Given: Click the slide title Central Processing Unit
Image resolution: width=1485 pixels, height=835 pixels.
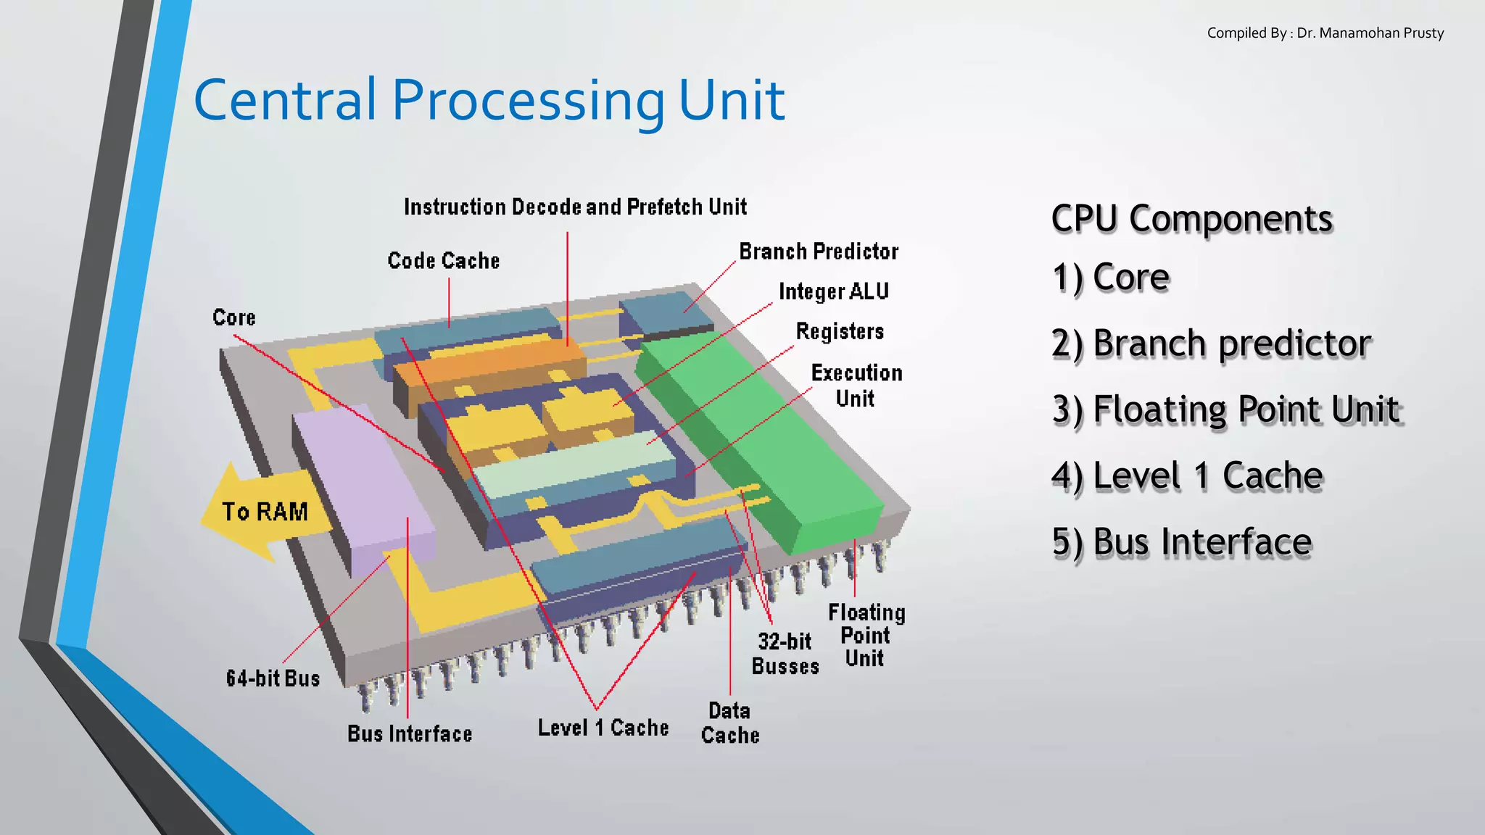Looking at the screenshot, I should pyautogui.click(x=489, y=100).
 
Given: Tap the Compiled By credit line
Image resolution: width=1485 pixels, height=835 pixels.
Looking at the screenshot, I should pyautogui.click(x=1325, y=33).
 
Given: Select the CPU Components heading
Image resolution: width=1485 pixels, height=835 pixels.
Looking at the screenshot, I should pyautogui.click(x=1191, y=219).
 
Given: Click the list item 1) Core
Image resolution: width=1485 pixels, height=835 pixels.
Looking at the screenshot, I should pyautogui.click(x=1111, y=278).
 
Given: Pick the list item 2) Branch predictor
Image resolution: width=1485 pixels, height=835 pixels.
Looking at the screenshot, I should pyautogui.click(x=1211, y=344).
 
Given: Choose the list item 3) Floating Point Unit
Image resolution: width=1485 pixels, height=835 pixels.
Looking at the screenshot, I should pyautogui.click(x=1226, y=410).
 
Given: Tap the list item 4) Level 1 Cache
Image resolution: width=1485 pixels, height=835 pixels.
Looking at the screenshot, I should pyautogui.click(x=1187, y=476).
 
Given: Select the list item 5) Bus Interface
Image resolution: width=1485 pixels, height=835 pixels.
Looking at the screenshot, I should pyautogui.click(x=1182, y=542).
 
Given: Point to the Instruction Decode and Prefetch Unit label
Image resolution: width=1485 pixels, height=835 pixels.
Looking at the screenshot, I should pyautogui.click(x=575, y=207).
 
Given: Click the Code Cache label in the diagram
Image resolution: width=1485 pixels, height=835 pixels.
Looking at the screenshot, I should pyautogui.click(x=444, y=261).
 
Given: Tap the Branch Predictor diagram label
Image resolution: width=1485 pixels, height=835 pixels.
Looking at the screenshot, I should pyautogui.click(x=819, y=252).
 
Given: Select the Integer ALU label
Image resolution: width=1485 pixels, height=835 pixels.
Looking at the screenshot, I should pyautogui.click(x=833, y=291).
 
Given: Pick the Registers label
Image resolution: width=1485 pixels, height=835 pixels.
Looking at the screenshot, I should pyautogui.click(x=840, y=331).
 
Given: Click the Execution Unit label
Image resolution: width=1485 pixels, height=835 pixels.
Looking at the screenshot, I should pyautogui.click(x=856, y=386).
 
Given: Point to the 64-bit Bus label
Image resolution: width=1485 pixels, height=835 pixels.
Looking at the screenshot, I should pyautogui.click(x=273, y=678).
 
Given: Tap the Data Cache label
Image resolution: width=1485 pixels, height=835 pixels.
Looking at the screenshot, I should pyautogui.click(x=730, y=723).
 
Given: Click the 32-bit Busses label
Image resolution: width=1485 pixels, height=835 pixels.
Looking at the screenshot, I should pyautogui.click(x=785, y=654).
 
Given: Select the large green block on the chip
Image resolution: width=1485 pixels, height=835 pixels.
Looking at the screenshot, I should pyautogui.click(x=761, y=442).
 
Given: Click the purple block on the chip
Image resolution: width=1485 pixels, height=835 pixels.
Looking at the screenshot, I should pyautogui.click(x=363, y=486).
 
